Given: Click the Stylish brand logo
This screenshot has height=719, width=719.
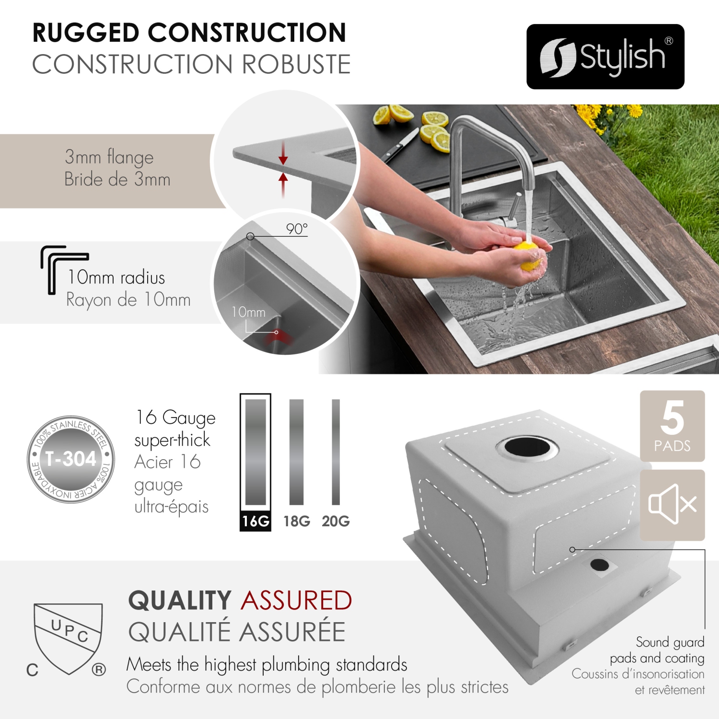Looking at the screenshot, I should tap(605, 57).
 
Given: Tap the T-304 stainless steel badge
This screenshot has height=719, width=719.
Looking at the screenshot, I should tap(71, 459).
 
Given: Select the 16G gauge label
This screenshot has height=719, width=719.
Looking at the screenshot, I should tap(255, 521).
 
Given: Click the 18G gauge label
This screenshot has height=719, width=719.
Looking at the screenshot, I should tap(297, 521).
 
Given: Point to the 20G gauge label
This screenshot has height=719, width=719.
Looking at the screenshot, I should tap(336, 521).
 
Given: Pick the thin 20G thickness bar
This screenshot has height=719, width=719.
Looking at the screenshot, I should tap(336, 452).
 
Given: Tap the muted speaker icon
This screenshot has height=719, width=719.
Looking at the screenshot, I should tap(672, 504).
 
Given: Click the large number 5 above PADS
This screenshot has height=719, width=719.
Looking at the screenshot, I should tap(672, 417).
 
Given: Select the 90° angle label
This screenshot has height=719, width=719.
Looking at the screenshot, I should tap(297, 229).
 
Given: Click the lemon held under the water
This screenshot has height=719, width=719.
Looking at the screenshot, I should tap(528, 256).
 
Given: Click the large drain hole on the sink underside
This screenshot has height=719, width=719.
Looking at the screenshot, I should tap(527, 447).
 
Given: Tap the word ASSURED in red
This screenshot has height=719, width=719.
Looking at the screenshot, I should tap(297, 601).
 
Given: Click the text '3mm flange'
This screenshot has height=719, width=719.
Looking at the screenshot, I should tap(109, 157).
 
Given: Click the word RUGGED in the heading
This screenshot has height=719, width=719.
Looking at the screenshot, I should tap(86, 33).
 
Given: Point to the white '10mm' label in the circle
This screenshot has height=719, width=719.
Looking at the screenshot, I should tap(248, 312).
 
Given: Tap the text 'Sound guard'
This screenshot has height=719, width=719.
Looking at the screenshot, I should tap(670, 642).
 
